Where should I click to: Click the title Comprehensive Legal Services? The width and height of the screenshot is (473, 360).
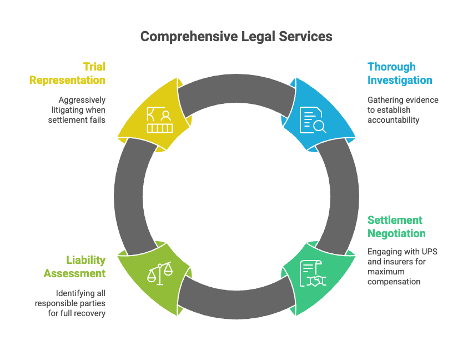coord(236,37)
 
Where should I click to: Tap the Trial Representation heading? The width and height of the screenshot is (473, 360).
coord(67,73)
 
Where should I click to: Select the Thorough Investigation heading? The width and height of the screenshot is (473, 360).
coord(399,73)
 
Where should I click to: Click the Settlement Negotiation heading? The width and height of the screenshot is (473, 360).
coord(396,227)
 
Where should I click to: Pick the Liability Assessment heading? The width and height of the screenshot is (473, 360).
coord(74,267)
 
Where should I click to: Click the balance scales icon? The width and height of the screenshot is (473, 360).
coord(159,274)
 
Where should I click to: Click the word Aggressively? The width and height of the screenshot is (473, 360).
coord(82,100)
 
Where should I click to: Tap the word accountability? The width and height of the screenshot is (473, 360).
coord(393,120)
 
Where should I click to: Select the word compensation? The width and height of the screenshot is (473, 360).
coord(394,282)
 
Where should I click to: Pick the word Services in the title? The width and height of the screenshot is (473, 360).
coord(307,37)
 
